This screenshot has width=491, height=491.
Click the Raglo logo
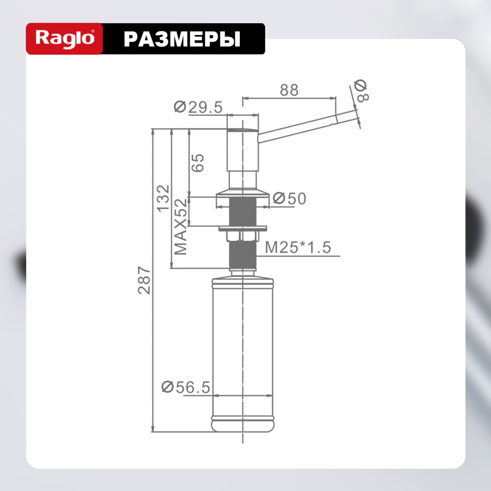point(64,39)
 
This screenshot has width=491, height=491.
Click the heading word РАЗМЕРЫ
point(182,39)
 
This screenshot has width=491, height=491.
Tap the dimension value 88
point(289,90)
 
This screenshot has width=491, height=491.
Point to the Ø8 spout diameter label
point(361,91)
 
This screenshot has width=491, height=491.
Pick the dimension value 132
point(163,198)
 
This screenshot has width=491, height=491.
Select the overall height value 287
point(145,280)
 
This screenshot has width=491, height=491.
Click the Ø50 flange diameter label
point(290,199)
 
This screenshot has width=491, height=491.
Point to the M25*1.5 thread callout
point(298,248)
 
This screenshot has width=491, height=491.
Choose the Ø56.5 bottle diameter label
point(185,387)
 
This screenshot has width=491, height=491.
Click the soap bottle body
point(242,344)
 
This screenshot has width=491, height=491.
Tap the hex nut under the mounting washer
point(242,236)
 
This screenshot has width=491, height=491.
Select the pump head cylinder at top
point(242,144)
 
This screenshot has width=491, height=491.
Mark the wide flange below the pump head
point(242,194)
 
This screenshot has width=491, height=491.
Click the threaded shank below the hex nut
point(242,256)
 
